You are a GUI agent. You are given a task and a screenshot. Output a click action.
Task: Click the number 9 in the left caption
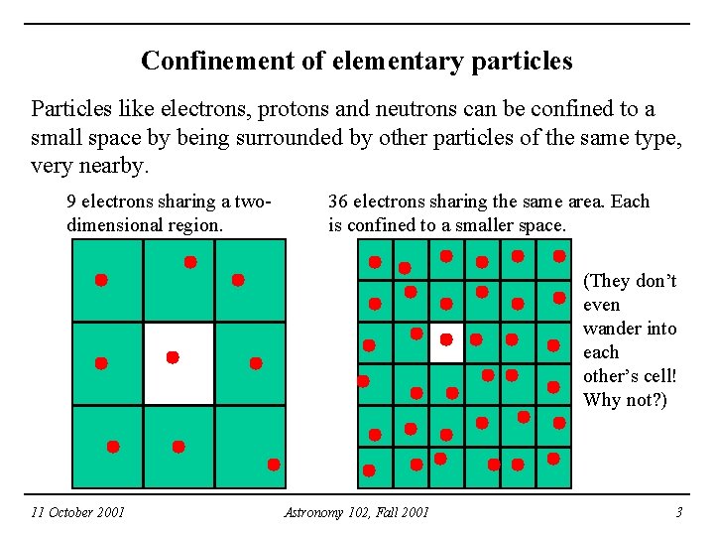pyautogui.click(x=71, y=201)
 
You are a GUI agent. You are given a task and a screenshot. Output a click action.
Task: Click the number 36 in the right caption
pyautogui.click(x=338, y=201)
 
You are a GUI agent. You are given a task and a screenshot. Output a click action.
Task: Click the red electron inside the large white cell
pyautogui.click(x=173, y=356)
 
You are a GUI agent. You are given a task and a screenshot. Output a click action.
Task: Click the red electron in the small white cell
pyautogui.click(x=446, y=339)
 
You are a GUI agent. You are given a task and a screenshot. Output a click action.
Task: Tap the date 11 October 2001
pyautogui.click(x=77, y=512)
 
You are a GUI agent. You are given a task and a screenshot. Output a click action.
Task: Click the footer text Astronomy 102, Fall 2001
pyautogui.click(x=356, y=512)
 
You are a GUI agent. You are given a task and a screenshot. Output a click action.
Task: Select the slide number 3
pyautogui.click(x=678, y=512)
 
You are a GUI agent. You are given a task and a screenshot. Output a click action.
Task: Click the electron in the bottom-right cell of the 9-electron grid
pyautogui.click(x=274, y=465)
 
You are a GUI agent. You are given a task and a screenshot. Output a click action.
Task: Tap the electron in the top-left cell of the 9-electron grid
pyautogui.click(x=101, y=280)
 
